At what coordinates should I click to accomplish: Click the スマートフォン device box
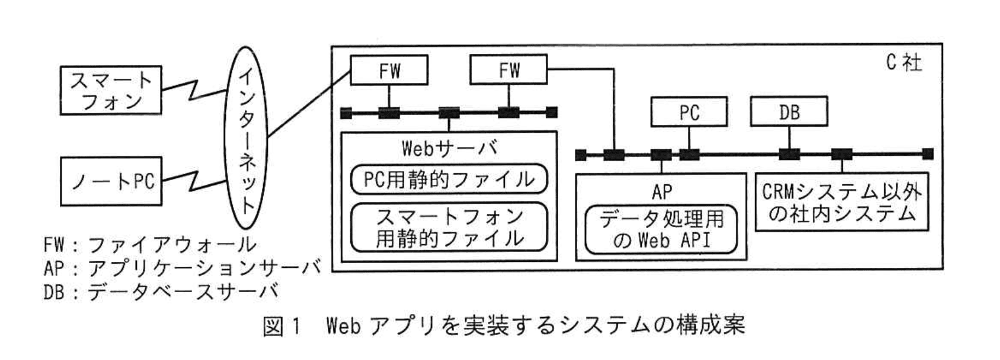click(111, 90)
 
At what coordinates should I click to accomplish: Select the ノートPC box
click(111, 181)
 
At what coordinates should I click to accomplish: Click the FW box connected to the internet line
click(389, 70)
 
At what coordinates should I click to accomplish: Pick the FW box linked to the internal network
click(508, 70)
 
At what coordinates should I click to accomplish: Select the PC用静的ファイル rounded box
click(449, 179)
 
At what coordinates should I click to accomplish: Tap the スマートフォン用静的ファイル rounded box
click(449, 227)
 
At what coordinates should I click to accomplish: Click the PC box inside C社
click(688, 112)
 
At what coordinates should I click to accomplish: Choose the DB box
click(788, 112)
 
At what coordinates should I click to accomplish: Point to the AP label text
click(661, 192)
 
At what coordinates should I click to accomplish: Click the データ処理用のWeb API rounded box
click(661, 230)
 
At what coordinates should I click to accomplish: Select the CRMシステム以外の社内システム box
click(841, 203)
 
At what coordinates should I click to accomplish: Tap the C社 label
click(903, 62)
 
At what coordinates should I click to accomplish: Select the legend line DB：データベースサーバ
click(161, 292)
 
